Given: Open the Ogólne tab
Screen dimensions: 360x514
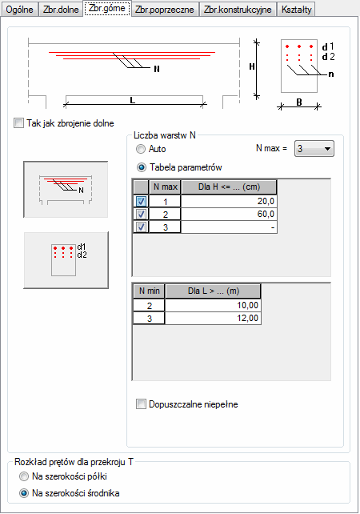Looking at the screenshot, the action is (x=19, y=9).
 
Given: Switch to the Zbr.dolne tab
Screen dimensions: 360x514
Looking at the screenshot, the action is (x=61, y=9).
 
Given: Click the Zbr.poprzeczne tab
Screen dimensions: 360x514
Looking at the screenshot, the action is (x=165, y=9).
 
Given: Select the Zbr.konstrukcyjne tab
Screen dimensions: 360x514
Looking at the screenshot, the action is (x=238, y=9).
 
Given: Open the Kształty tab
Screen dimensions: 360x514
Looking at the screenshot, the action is (x=297, y=9).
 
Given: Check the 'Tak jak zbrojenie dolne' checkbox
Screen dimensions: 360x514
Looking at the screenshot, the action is (x=18, y=123).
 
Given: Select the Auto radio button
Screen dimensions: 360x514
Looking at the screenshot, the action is (x=141, y=149).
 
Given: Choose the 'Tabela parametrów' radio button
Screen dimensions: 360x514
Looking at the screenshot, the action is (x=142, y=167).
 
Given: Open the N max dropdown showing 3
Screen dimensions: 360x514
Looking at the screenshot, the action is (x=314, y=148).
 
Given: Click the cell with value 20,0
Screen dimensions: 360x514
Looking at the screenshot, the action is (x=229, y=201).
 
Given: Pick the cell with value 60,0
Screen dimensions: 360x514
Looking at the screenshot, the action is (x=229, y=214).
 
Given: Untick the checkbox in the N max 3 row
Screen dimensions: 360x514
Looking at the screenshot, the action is (x=141, y=227).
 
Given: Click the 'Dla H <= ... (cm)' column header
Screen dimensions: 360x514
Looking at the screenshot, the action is (x=229, y=187).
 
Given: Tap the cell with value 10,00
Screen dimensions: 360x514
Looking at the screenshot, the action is (x=213, y=305).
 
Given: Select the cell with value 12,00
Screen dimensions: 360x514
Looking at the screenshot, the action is (x=213, y=318).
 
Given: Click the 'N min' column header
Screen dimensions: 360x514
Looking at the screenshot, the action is (x=149, y=291).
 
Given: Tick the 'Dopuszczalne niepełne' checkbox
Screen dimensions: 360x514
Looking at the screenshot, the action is (x=141, y=404).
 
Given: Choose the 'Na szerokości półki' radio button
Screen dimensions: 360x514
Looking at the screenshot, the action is (x=24, y=476).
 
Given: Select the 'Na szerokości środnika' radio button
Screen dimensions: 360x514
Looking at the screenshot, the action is (x=24, y=493).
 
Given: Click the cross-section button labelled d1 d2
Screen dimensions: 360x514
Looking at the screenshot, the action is (x=66, y=260).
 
